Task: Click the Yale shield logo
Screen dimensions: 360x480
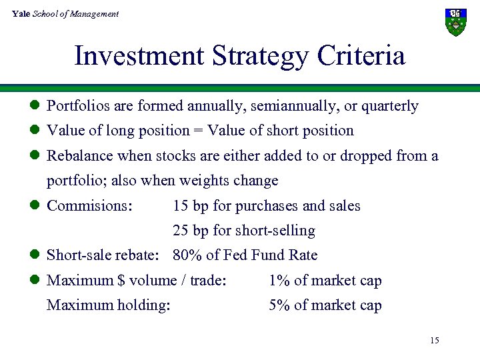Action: tap(455, 22)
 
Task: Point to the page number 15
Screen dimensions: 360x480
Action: tap(434, 341)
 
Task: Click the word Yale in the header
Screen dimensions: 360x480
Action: tap(21, 14)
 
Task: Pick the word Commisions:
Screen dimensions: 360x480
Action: tap(89, 206)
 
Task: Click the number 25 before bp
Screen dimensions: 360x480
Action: tap(180, 231)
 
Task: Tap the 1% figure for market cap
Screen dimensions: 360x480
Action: tap(279, 281)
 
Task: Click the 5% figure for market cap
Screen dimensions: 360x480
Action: tap(279, 306)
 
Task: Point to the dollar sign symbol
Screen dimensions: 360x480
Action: tap(121, 281)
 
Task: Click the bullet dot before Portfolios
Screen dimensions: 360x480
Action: tap(37, 106)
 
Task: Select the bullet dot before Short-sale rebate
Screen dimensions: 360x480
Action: tap(37, 255)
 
